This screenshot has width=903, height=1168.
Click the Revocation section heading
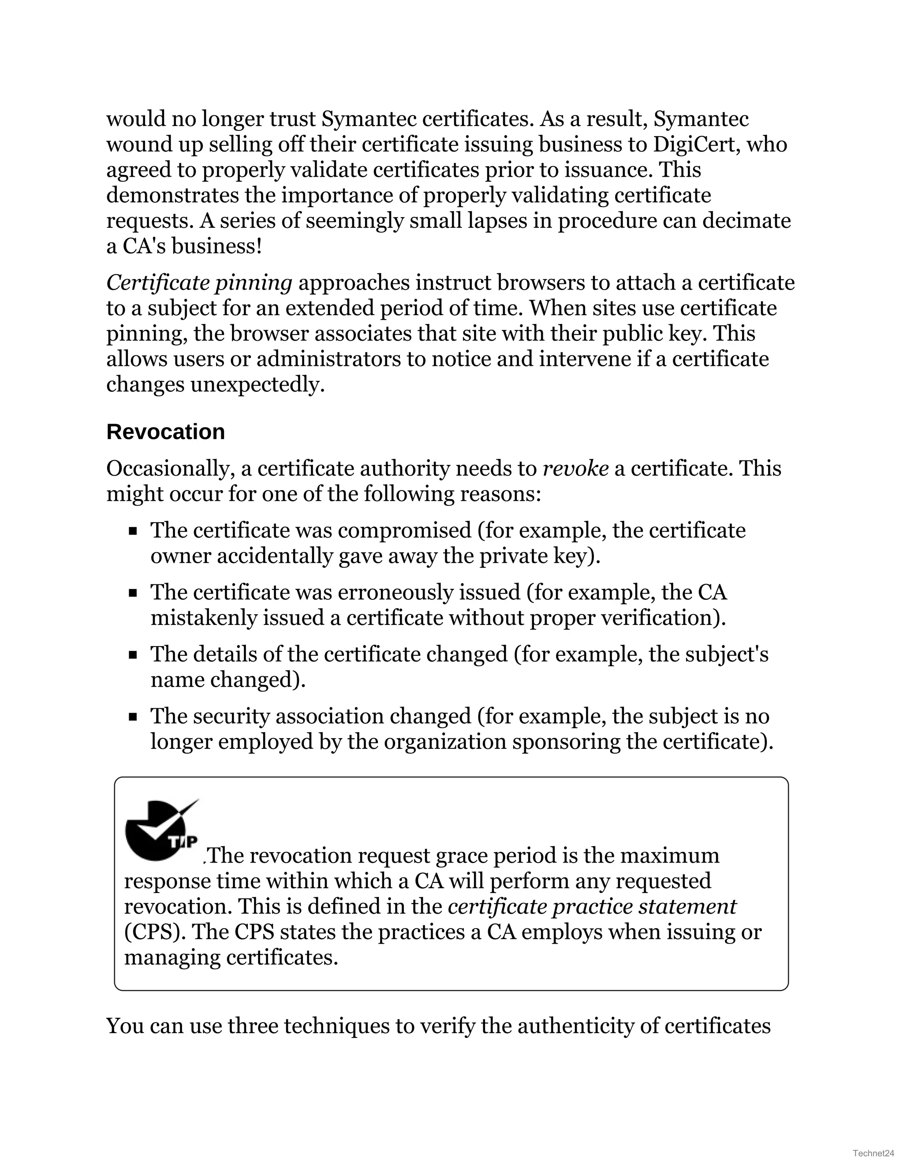(165, 431)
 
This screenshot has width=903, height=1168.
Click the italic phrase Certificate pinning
(199, 283)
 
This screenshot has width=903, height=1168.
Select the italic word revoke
(575, 469)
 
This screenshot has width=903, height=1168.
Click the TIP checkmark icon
(161, 830)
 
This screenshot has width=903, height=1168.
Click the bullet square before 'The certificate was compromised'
(133, 531)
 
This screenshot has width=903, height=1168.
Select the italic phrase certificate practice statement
(592, 907)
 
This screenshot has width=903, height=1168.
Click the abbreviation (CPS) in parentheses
(155, 932)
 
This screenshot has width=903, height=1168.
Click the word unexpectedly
(257, 384)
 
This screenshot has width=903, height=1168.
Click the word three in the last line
(254, 1026)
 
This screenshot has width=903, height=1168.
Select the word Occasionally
(171, 469)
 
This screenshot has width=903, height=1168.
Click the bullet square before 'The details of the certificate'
(133, 655)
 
